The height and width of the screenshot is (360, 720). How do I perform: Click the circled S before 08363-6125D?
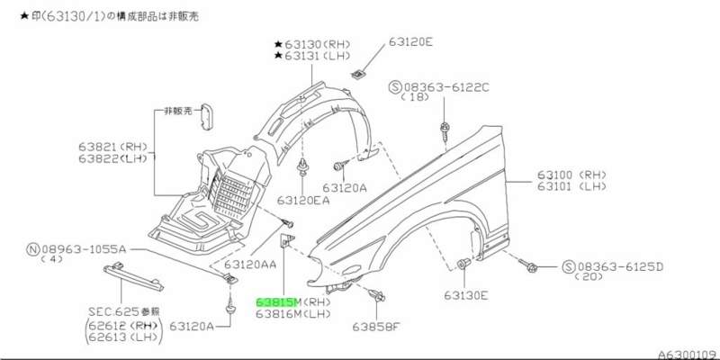(569, 267)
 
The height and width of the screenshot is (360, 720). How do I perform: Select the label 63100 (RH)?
(572, 175)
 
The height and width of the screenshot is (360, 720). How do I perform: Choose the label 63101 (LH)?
(572, 187)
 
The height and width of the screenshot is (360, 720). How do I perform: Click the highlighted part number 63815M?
(280, 301)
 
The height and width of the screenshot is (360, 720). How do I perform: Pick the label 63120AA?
(251, 265)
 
